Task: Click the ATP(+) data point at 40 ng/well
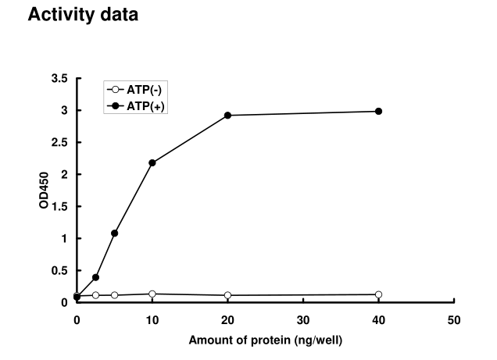point(379,111)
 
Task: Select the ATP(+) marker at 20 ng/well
point(228,115)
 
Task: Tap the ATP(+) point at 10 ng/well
point(152,162)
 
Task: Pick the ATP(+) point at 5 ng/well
point(115,233)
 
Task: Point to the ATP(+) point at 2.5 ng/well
point(95,277)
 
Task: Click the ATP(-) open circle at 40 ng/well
point(379,294)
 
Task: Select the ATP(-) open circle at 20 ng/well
point(228,295)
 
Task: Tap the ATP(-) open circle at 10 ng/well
point(152,294)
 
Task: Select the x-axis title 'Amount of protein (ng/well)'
point(266,340)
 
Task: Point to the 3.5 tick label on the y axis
point(59,79)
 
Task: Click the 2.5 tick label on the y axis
point(59,143)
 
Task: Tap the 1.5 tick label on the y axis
point(59,207)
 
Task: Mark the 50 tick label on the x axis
point(455,319)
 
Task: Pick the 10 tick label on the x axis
point(152,319)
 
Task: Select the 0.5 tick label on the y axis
point(59,270)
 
